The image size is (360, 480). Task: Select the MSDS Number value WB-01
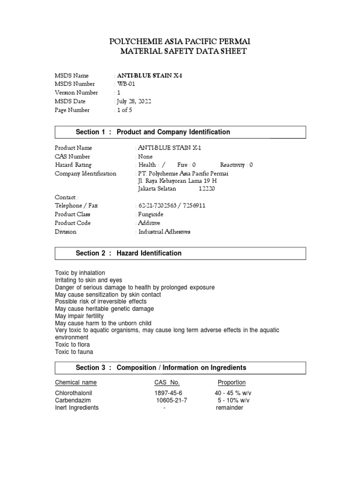point(127,84)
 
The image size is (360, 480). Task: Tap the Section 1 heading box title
point(153,132)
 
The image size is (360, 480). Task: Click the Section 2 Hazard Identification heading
point(128,253)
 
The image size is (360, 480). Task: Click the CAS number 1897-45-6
point(168,393)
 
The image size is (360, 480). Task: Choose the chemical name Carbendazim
point(73,400)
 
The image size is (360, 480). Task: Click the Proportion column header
point(232,382)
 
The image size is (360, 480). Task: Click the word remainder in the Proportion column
point(230,408)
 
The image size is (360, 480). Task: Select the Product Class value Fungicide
point(151,214)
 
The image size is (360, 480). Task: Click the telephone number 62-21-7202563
point(158,206)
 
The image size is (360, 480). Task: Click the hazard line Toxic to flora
point(73,345)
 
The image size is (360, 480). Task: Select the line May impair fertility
point(79,316)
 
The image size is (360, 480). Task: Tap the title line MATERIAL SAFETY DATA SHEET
point(183,52)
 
